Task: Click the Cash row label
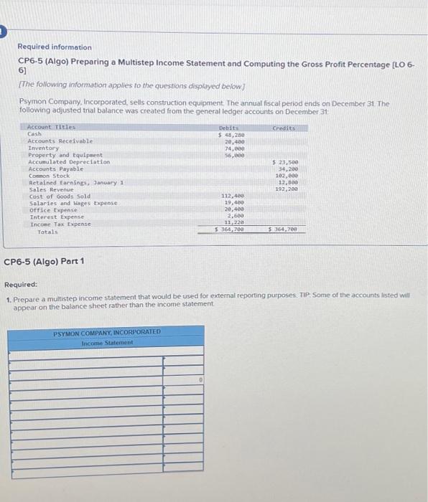34,134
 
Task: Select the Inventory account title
44,148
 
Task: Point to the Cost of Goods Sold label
60,196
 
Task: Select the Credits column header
285,128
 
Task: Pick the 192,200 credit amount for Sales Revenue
287,189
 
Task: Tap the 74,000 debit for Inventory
232,148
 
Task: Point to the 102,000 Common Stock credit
287,176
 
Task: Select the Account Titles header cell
51,128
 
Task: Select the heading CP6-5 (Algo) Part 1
45,261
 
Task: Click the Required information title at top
55,47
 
